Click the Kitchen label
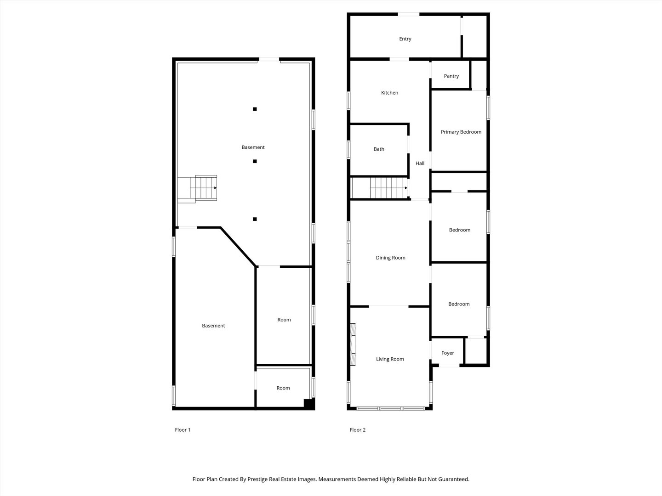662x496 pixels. [x=389, y=93]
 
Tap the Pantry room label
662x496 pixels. [x=451, y=76]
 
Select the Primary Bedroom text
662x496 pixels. [x=461, y=132]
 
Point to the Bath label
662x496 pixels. [x=379, y=149]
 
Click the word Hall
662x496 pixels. [x=420, y=163]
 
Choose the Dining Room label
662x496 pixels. [x=390, y=258]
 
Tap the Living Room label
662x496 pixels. [x=390, y=359]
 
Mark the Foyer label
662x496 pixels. [x=447, y=353]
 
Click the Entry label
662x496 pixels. [x=405, y=39]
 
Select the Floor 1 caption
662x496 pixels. [x=183, y=430]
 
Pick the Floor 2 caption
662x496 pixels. [x=357, y=430]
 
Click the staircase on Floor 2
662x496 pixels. [x=388, y=188]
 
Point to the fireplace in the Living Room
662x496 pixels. [x=353, y=344]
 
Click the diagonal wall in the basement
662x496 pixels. [x=238, y=247]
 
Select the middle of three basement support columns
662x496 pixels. [x=255, y=161]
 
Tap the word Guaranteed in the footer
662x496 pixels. [x=453, y=479]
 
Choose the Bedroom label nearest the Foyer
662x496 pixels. [x=459, y=304]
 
